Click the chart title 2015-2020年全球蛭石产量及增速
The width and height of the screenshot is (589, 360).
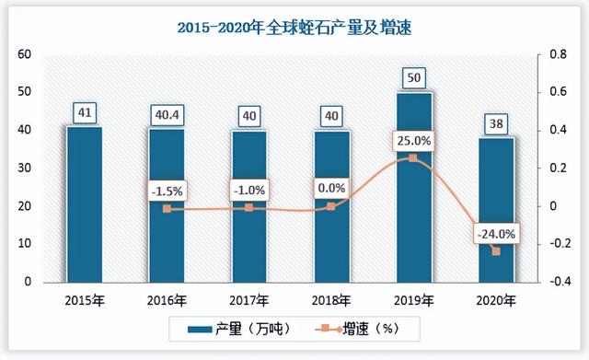tap(294, 28)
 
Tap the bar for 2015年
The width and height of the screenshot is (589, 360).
tap(84, 203)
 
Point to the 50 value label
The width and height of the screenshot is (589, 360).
tap(413, 77)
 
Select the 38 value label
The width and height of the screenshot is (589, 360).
tap(496, 122)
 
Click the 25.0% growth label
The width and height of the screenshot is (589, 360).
tap(413, 141)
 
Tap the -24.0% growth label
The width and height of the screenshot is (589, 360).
tap(496, 233)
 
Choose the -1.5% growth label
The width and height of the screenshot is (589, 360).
tap(167, 192)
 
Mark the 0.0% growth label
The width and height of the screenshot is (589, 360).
tap(331, 189)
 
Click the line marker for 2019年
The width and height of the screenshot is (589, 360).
tap(413, 158)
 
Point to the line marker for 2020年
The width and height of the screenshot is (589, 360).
tap(496, 251)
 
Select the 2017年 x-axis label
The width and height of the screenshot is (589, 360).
tap(248, 300)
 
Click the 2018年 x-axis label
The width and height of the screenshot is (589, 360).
tap(331, 300)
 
